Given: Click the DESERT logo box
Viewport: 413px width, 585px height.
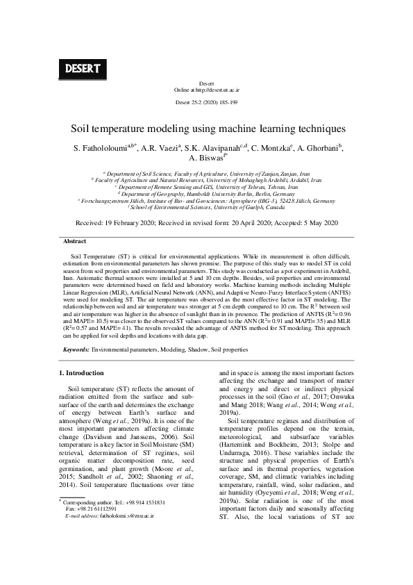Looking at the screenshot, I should tap(82, 68).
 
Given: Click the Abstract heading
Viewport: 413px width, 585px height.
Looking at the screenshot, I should tap(74, 241).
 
